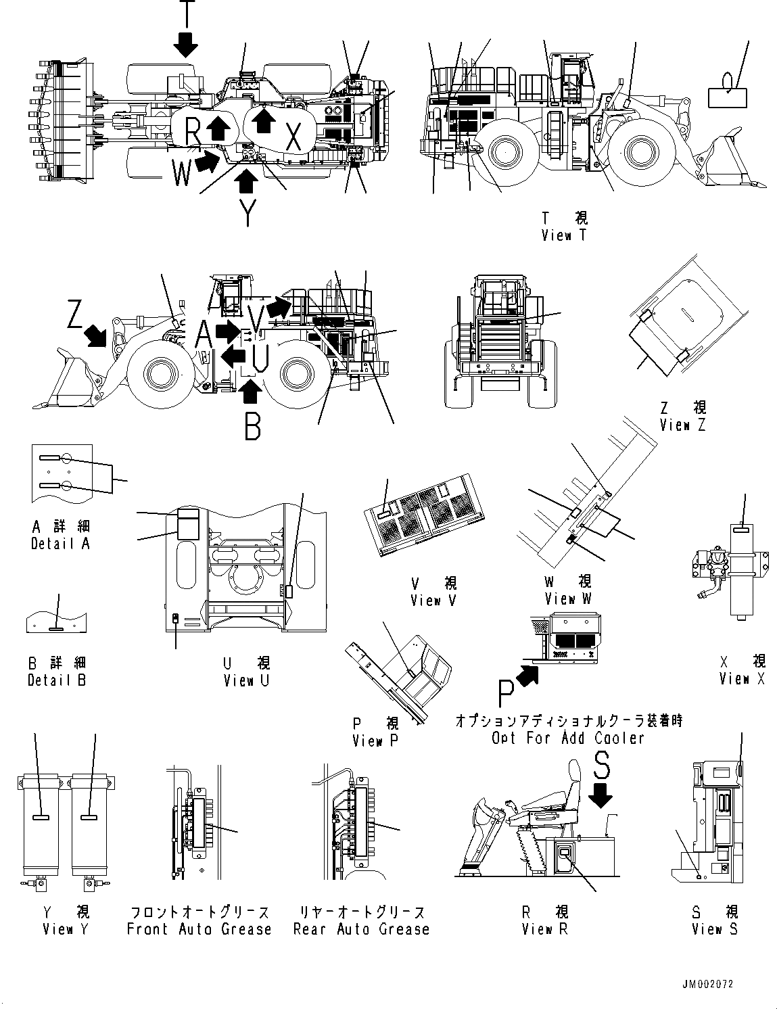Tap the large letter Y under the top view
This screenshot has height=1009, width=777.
(x=248, y=213)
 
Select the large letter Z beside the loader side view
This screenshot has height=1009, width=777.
(x=76, y=315)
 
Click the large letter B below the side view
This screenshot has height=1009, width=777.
(x=252, y=426)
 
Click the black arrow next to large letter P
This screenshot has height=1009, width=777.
(x=527, y=674)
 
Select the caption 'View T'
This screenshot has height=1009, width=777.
(x=565, y=235)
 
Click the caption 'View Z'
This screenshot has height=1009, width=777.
(x=684, y=425)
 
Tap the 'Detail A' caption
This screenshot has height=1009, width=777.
(x=60, y=543)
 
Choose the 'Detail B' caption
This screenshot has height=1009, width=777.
(x=57, y=680)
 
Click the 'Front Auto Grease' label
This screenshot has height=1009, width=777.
(x=199, y=929)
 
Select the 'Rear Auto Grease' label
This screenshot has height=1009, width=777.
(x=361, y=929)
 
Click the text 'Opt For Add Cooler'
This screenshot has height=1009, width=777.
(x=568, y=738)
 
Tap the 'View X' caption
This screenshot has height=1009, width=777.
(x=742, y=678)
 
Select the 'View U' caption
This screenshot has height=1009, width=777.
(x=246, y=680)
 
